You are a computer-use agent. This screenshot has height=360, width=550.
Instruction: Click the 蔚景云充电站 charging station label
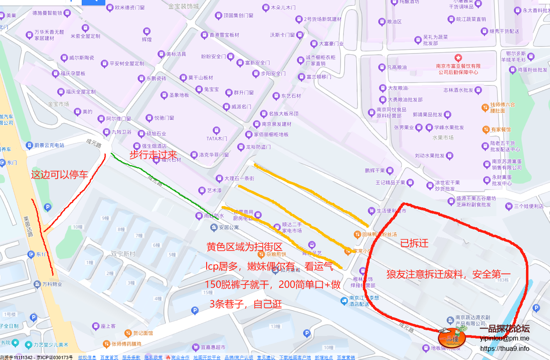49,145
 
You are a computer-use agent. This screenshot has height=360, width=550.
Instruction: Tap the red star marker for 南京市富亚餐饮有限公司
458,57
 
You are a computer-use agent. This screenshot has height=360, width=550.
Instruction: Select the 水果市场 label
443,137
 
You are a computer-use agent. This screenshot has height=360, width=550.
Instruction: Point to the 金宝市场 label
58,104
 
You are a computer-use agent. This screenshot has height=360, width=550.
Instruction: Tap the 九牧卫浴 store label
121,132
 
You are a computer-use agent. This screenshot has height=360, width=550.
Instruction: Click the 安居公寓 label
229,227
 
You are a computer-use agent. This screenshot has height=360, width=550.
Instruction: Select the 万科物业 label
52,285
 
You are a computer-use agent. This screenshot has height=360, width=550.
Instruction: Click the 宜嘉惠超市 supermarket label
213,347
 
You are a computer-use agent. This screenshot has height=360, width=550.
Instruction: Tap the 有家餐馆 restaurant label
501,129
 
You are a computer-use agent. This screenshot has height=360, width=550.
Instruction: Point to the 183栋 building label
502,280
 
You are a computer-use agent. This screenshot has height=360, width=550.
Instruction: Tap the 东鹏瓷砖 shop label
156,78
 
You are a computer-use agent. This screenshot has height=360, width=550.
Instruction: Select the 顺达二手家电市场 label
292,227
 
